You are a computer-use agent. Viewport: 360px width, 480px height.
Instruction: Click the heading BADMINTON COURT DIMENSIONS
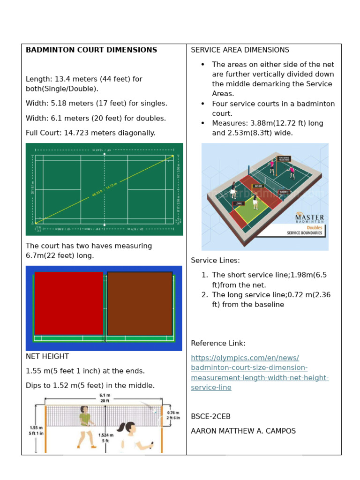click(x=91, y=50)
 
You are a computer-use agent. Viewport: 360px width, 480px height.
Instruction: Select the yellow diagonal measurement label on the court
click(x=104, y=188)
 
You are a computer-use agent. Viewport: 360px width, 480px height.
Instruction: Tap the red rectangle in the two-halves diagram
click(x=68, y=303)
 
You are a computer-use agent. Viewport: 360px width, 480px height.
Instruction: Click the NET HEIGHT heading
click(x=47, y=357)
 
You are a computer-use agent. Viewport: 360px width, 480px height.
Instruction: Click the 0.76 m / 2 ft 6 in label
click(x=173, y=415)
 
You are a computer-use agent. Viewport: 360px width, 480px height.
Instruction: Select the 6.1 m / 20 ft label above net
click(x=104, y=397)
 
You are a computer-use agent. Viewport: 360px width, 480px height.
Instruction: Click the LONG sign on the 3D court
click(x=238, y=203)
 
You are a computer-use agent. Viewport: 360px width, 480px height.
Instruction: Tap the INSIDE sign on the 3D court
click(x=258, y=186)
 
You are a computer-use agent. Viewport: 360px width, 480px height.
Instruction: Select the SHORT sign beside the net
click(x=283, y=192)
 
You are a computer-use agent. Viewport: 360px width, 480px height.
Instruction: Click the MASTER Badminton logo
click(x=309, y=218)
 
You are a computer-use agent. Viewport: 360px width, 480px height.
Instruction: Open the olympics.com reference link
click(x=260, y=373)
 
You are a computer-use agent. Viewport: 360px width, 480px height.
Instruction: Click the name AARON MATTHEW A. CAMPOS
click(x=243, y=431)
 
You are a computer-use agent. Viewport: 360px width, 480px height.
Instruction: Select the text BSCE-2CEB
click(x=210, y=417)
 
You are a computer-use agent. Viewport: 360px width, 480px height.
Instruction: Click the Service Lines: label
click(x=215, y=261)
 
